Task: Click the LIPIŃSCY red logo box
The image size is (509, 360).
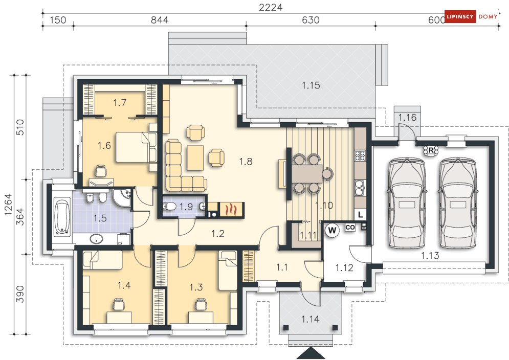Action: [460, 16]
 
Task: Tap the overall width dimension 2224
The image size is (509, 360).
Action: [271, 7]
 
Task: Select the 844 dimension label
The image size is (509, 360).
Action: [160, 20]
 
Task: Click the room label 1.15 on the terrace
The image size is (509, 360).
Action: [311, 85]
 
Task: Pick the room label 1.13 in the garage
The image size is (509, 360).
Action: [430, 256]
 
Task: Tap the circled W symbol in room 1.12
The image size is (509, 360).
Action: [332, 231]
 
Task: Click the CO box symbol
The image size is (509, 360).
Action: [350, 227]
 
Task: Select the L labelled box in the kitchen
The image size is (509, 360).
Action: [360, 215]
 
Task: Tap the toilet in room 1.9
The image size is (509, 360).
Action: [169, 207]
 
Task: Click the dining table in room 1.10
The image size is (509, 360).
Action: [307, 174]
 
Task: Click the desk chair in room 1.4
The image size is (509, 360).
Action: [119, 304]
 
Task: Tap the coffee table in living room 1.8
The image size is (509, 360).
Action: [195, 157]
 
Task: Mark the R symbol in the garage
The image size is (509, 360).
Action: [431, 150]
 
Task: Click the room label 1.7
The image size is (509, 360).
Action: [120, 103]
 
